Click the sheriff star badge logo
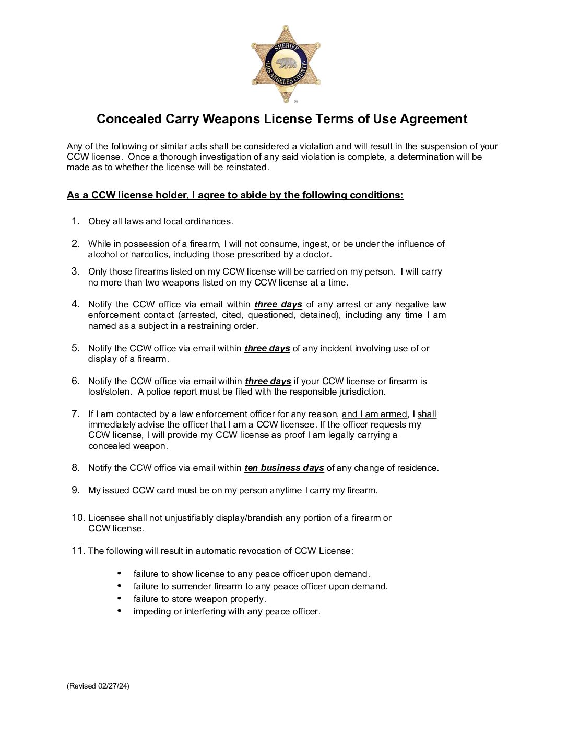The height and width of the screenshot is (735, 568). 286,64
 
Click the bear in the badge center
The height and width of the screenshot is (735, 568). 286,64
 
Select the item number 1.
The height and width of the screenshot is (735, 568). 76,221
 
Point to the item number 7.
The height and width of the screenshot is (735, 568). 76,414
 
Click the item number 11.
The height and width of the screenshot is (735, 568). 78,551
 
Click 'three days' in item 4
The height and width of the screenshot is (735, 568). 278,304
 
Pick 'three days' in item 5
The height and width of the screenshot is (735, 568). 267,348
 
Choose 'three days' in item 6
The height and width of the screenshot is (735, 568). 268,381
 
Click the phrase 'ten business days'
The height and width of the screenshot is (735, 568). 284,468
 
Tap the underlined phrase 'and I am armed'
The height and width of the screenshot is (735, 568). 374,414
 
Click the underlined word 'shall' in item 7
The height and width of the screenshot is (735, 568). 427,414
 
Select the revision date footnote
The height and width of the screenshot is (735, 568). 98,686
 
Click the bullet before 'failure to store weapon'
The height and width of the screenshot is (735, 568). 120,598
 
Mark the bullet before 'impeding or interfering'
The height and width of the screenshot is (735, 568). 120,611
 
